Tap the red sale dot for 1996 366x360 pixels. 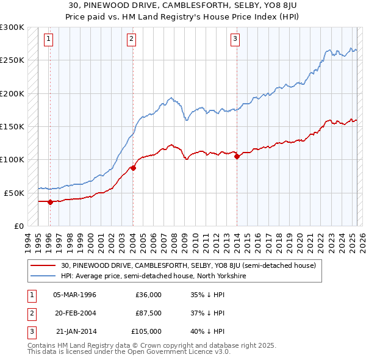point(50,202)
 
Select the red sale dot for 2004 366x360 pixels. point(133,168)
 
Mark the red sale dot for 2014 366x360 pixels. point(235,156)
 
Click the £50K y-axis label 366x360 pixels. point(14,193)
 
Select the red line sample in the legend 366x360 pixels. point(43,266)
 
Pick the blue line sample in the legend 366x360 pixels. point(43,276)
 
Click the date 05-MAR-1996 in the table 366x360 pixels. point(75,295)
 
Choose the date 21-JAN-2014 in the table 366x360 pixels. point(76,331)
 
